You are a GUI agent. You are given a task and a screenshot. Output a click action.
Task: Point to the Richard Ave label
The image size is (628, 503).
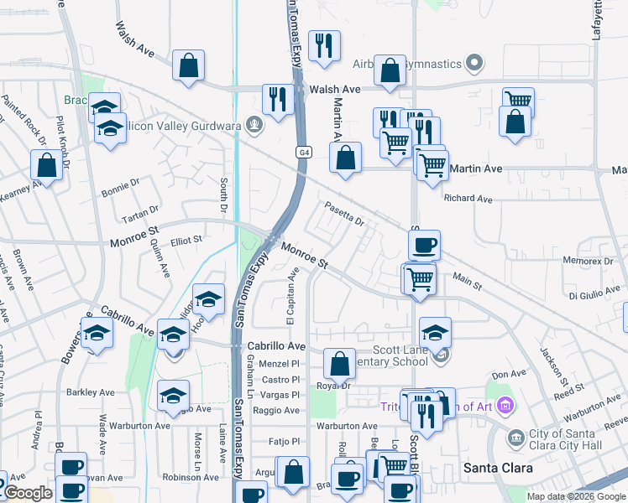[468, 200]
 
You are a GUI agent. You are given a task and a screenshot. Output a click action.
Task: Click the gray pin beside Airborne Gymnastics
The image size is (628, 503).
[475, 64]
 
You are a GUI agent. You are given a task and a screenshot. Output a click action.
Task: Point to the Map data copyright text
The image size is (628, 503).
[577, 496]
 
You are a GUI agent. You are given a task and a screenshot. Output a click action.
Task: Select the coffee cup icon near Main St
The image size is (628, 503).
[424, 245]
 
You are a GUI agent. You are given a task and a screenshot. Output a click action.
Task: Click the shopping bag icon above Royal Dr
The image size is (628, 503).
[339, 365]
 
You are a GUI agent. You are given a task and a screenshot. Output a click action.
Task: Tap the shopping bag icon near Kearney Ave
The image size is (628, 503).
[47, 164]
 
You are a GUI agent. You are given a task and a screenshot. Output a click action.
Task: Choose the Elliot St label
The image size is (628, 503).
[186, 240]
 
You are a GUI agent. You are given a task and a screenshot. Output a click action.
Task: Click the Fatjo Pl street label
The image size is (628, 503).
[284, 441]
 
